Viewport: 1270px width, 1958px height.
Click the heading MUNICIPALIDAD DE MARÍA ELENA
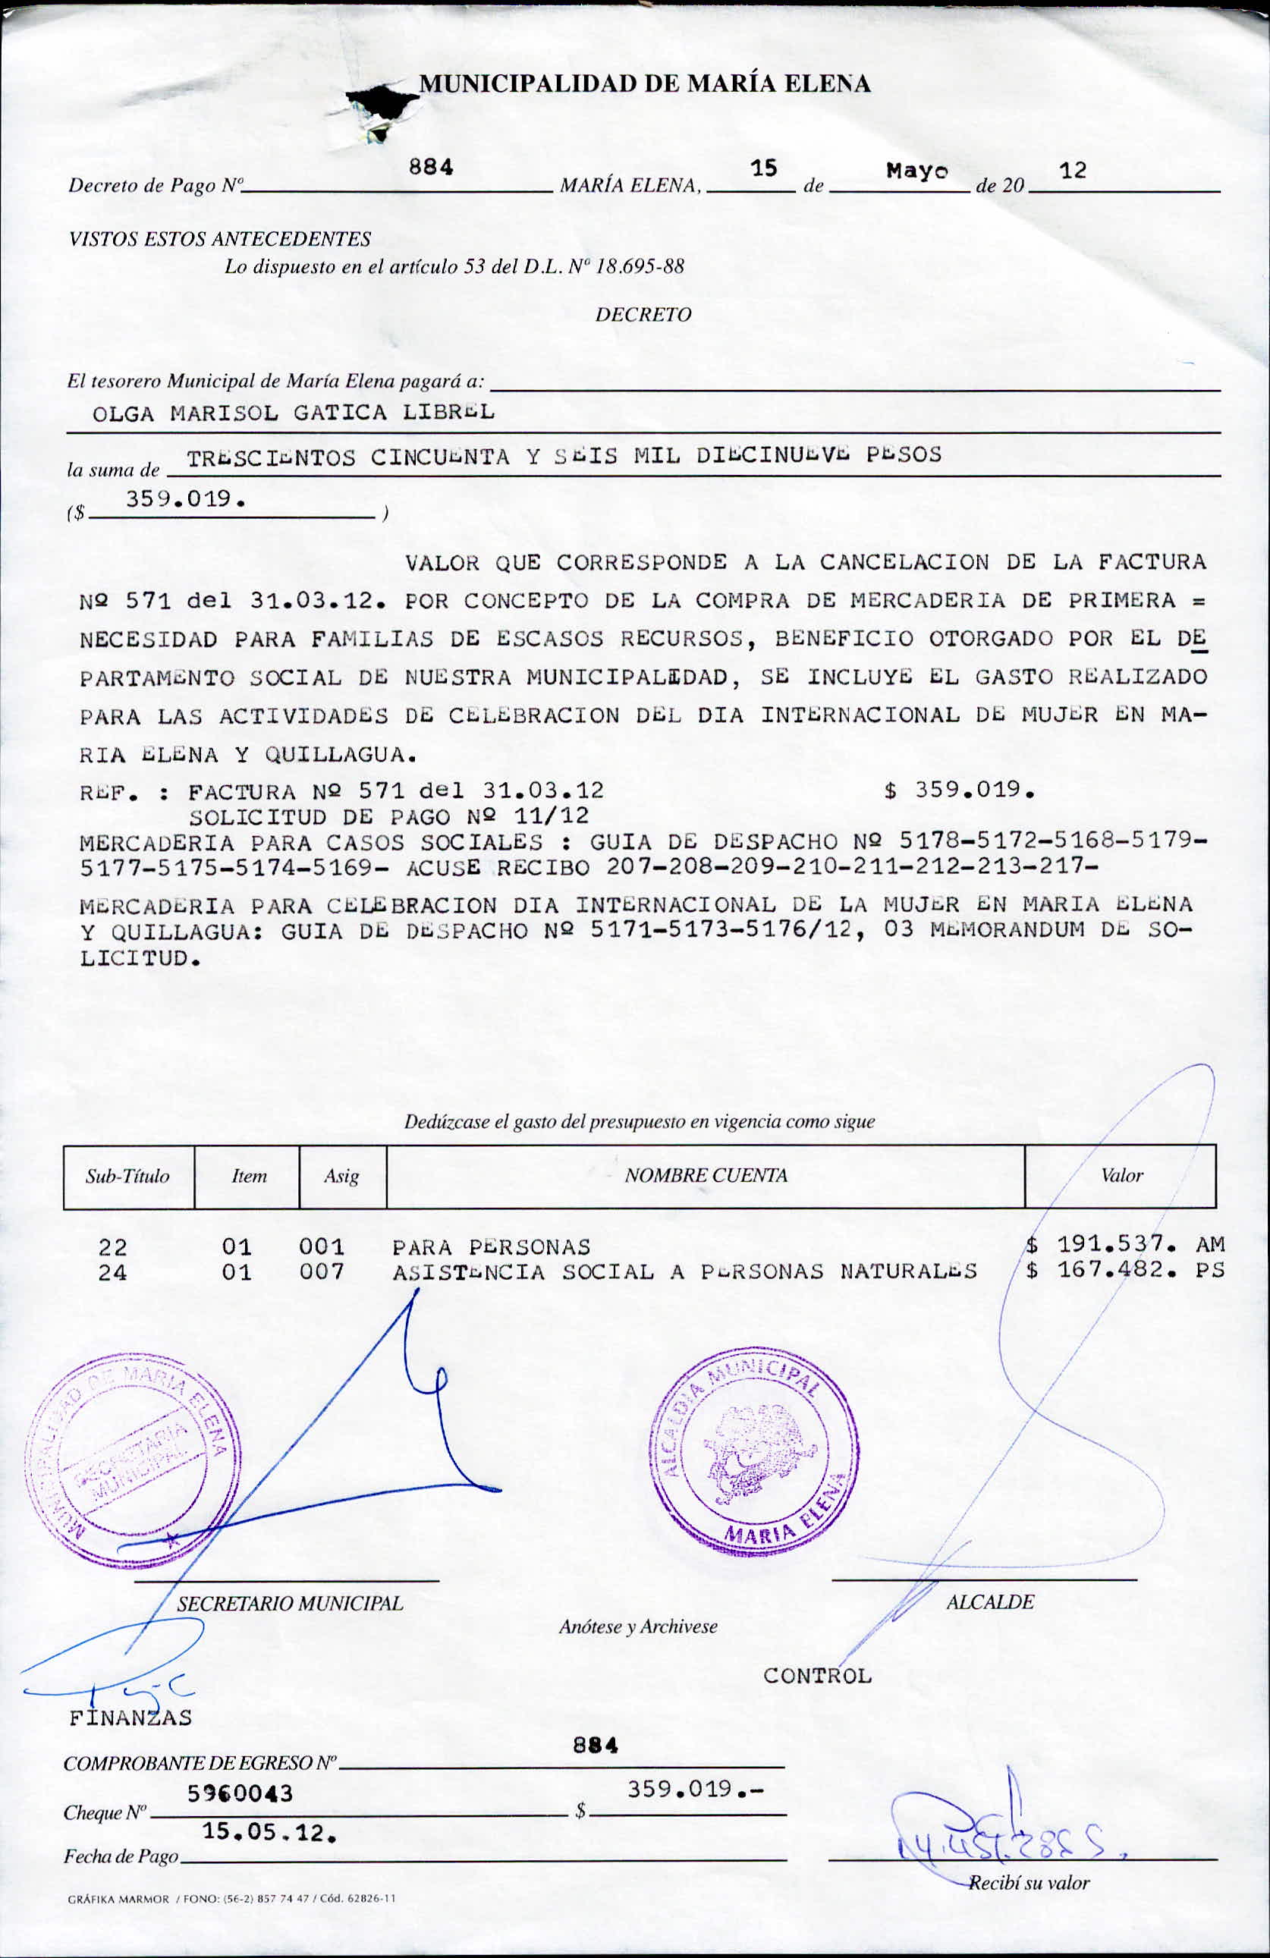644,83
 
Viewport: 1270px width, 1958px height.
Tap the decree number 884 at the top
431,167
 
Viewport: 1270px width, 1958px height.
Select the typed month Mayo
916,171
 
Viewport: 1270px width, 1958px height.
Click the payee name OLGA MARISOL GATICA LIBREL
294,412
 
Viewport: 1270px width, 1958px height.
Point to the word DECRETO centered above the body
643,314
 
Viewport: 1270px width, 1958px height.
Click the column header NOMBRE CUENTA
706,1176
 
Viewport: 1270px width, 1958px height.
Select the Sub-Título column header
127,1177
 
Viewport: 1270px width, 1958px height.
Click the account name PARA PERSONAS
491,1247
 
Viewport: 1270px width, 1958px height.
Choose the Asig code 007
321,1272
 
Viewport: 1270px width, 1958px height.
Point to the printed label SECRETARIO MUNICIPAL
290,1604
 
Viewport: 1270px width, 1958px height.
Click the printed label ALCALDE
989,1601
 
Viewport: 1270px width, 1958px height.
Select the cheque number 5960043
240,1793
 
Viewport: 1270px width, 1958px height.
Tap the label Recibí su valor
1028,1882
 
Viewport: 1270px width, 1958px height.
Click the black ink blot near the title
380,100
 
